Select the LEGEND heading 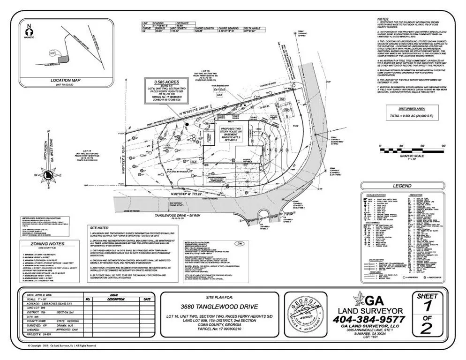click(x=402, y=186)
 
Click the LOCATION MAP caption click(x=66, y=80)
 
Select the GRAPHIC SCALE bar click(x=412, y=150)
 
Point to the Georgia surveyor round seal click(x=305, y=313)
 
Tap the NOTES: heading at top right click(x=384, y=20)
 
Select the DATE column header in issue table click(x=147, y=299)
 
